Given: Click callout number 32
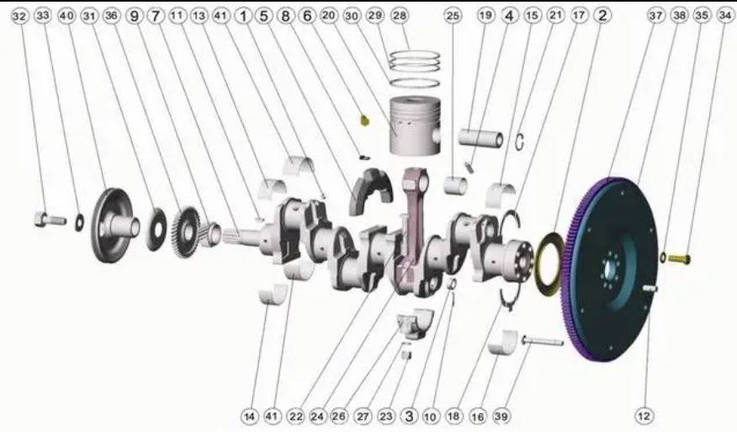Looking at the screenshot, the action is (19, 16).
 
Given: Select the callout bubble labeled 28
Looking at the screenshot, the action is (399, 16).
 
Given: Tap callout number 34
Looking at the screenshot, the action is (724, 16).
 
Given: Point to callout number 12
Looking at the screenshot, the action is (644, 416).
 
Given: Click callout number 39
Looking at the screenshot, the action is (501, 416).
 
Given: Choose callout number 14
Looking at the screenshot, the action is (250, 416).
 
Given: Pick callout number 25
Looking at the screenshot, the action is (452, 16).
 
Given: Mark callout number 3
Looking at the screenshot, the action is (410, 416).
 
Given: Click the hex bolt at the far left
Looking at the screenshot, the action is (50, 219).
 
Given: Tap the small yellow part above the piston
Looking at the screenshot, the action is (364, 120).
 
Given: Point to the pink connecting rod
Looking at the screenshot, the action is (413, 226).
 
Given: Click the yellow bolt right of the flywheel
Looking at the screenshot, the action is (679, 259).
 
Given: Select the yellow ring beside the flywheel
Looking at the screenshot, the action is (548, 264).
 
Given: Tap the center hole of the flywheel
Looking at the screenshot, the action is (610, 269).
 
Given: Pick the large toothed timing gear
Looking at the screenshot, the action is (186, 232).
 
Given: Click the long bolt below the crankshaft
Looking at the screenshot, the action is (543, 341).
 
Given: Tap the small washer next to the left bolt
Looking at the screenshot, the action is (80, 222).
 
